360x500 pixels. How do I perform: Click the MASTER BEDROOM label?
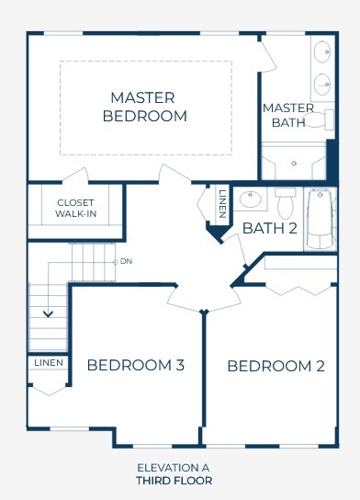click(144, 107)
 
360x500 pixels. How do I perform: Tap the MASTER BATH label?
click(288, 115)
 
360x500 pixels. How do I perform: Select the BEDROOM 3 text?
click(136, 365)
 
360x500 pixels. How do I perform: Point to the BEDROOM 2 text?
click(276, 366)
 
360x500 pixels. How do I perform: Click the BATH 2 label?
click(270, 228)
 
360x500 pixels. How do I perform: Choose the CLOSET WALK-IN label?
click(75, 209)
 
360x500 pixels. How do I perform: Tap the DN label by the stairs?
click(126, 261)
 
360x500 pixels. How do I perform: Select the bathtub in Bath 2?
click(321, 220)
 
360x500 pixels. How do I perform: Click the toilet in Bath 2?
click(286, 203)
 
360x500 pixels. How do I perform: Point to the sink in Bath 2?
click(251, 199)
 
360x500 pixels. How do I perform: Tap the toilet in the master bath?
click(318, 119)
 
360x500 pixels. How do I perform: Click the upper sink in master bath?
click(322, 51)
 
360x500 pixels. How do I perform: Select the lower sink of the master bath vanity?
click(322, 85)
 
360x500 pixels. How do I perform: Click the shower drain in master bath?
click(294, 164)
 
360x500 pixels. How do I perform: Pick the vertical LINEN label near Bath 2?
click(222, 204)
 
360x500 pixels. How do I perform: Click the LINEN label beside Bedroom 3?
click(49, 363)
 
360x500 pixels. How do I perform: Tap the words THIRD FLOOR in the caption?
click(174, 481)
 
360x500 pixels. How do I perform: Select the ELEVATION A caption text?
click(174, 468)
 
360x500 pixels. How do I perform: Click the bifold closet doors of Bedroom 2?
click(298, 290)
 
